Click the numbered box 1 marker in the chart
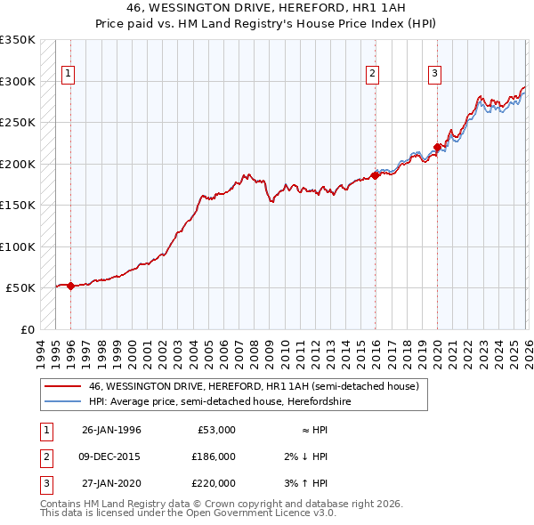click(x=69, y=74)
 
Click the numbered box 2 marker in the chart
click(x=372, y=74)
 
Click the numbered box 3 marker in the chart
click(x=434, y=74)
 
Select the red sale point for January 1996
click(x=70, y=286)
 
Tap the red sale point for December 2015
click(x=375, y=175)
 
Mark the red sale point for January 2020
click(x=437, y=148)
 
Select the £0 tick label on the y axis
click(x=27, y=329)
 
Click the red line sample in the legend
click(x=62, y=387)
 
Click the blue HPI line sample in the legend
click(x=62, y=402)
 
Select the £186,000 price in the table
click(x=214, y=456)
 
